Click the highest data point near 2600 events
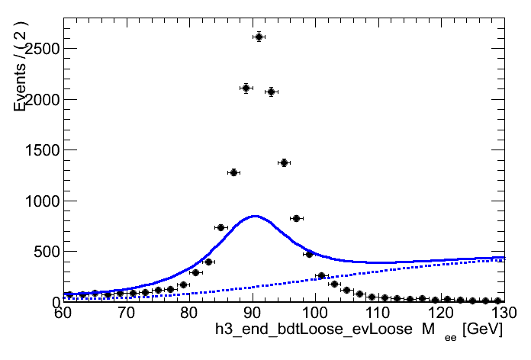(x=259, y=37)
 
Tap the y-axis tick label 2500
(x=38, y=50)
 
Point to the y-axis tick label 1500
(x=38, y=150)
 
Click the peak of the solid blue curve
(x=255, y=216)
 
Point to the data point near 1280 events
(x=233, y=172)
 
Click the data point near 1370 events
(x=284, y=162)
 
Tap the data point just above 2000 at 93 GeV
(x=271, y=92)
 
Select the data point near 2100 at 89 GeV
(x=246, y=88)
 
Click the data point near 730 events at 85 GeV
(x=220, y=227)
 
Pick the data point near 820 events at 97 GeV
(x=296, y=218)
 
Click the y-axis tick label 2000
(x=38, y=100)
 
